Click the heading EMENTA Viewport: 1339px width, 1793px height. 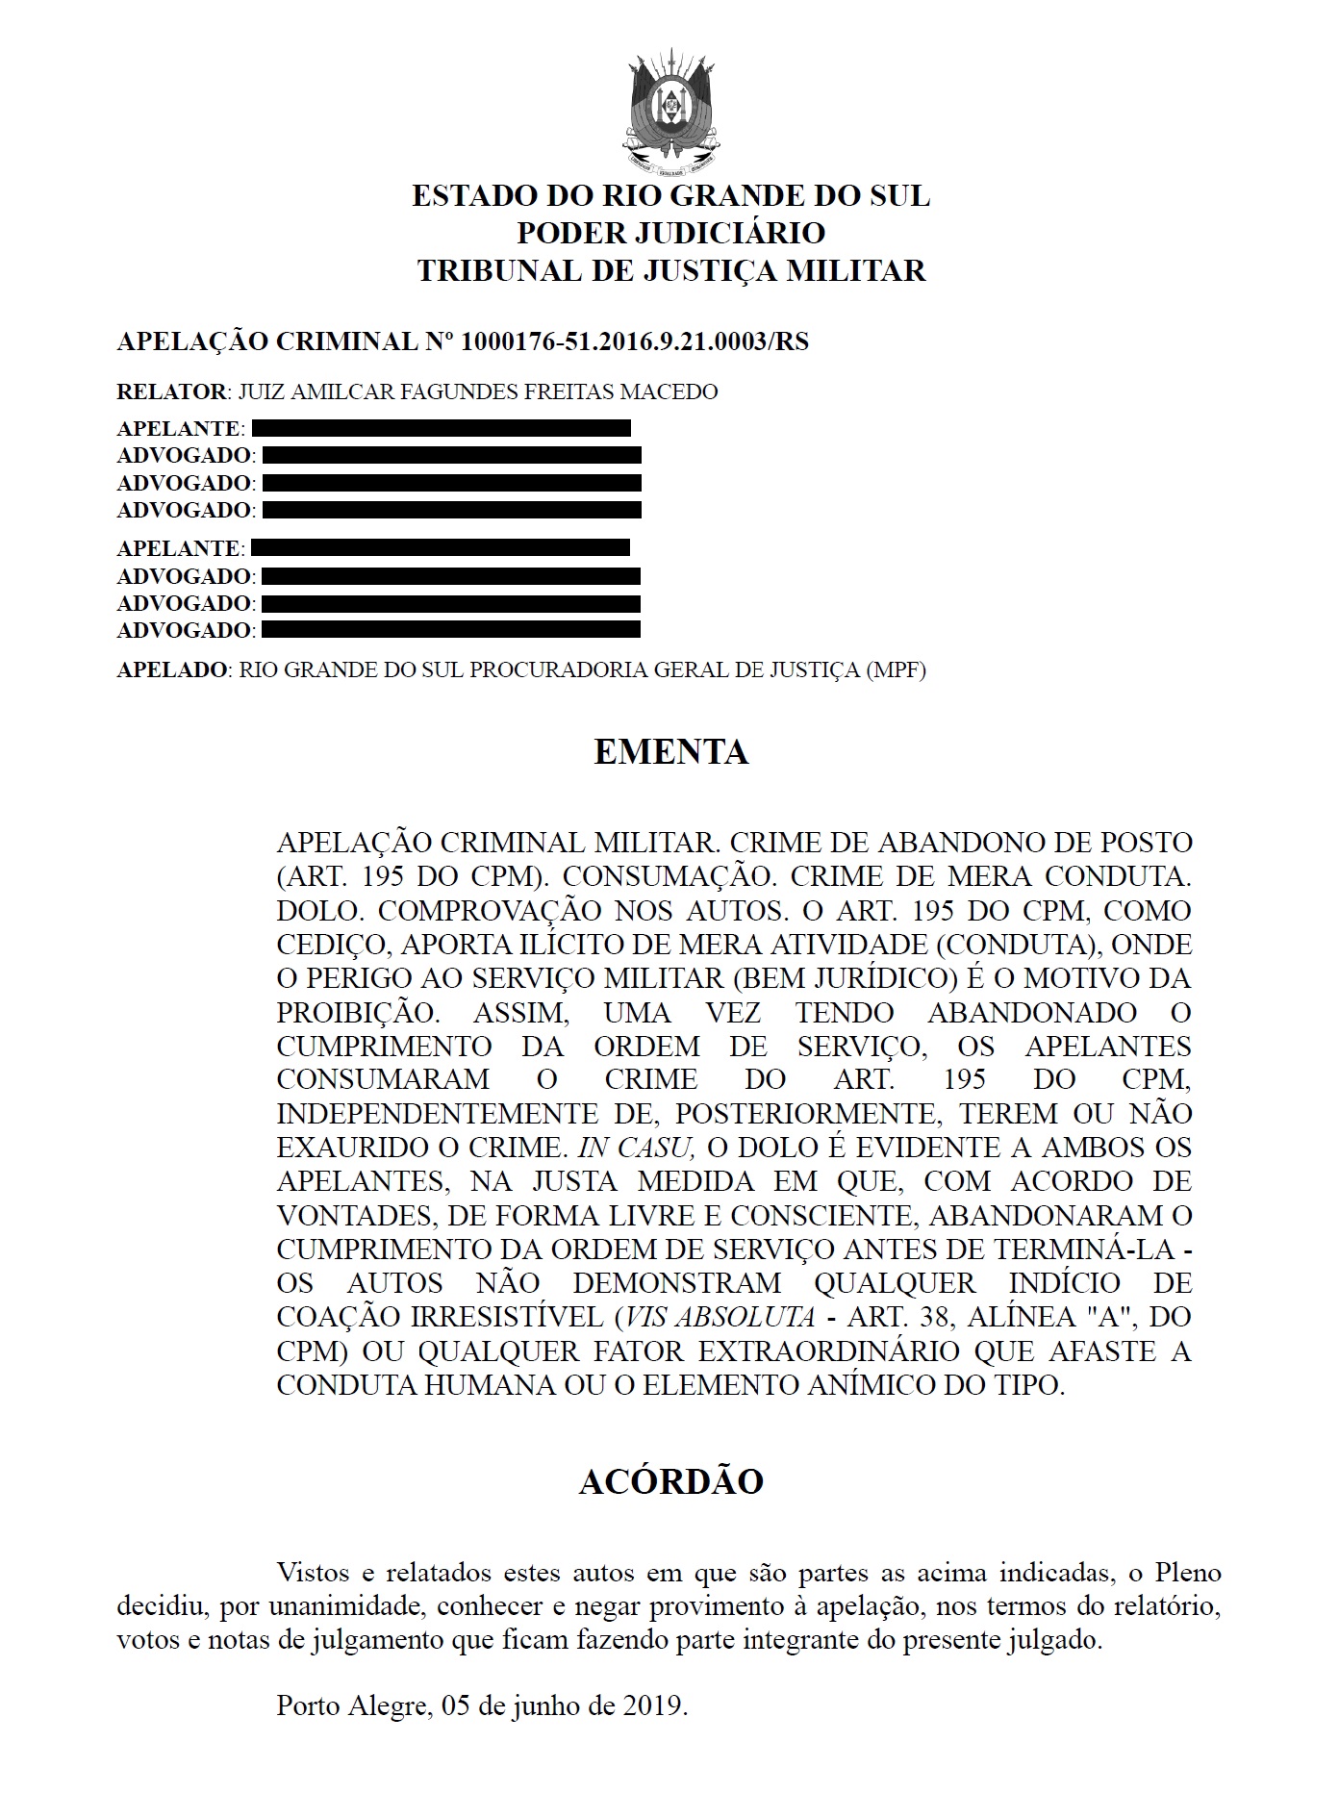click(x=670, y=751)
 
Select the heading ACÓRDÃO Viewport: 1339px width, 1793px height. click(x=670, y=1481)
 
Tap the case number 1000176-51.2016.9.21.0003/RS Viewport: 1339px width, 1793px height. click(x=635, y=341)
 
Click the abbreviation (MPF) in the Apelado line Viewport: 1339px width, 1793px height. click(x=895, y=670)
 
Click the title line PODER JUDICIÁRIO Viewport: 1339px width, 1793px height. click(x=670, y=233)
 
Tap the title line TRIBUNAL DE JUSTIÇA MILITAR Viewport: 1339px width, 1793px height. click(x=670, y=271)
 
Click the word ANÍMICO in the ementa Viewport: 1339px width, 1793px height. click(x=876, y=1385)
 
